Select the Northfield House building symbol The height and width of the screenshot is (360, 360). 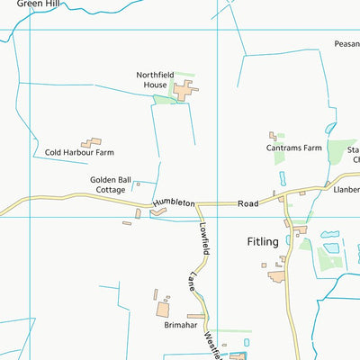point(185,90)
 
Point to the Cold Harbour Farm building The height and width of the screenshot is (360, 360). point(92,142)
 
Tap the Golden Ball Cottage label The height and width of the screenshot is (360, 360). point(111,184)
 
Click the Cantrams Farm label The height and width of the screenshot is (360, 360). point(294,148)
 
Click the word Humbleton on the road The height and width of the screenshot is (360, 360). point(174,204)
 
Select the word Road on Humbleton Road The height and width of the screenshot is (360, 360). point(247,204)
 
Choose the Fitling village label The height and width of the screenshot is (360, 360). point(263,241)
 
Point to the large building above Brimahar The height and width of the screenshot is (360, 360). point(164,309)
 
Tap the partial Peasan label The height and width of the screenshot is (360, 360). point(346,43)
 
